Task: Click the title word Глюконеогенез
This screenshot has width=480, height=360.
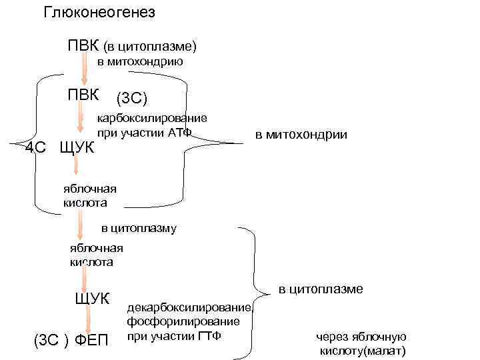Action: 99,13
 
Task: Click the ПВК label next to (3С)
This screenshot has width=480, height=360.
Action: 83,93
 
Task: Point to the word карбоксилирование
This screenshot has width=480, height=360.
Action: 153,119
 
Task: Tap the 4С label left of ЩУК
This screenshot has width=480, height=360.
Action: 35,147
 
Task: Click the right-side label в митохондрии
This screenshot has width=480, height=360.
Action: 301,135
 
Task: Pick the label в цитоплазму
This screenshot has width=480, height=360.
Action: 139,228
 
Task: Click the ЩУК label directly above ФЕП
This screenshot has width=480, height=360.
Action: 91,297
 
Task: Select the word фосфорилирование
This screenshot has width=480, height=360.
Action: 183,321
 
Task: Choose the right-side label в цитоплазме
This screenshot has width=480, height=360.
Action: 321,289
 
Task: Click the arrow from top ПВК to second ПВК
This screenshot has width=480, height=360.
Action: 83,70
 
